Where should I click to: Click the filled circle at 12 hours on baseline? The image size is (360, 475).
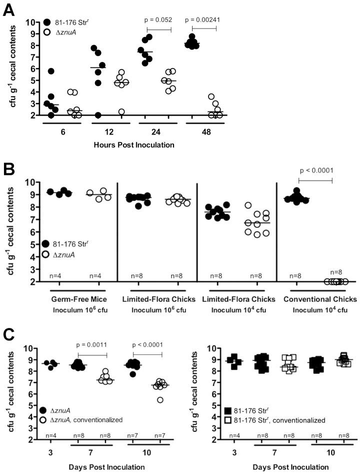pos(98,115)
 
